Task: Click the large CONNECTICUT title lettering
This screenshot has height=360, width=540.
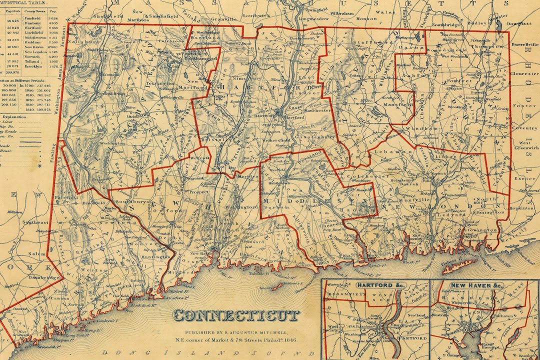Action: coord(236,315)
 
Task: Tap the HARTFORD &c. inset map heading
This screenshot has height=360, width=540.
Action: coord(374,285)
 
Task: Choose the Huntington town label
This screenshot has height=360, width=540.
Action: coord(156,256)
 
